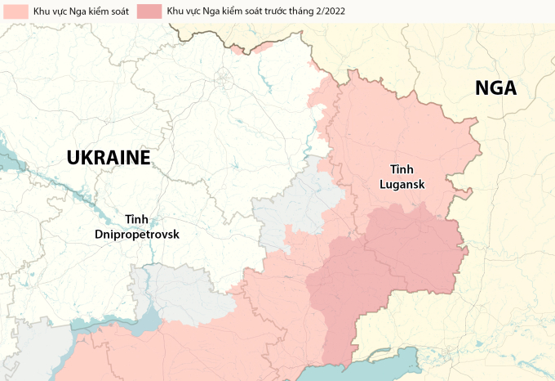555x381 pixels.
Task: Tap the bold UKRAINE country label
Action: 109,157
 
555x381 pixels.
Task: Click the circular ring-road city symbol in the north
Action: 222,78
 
